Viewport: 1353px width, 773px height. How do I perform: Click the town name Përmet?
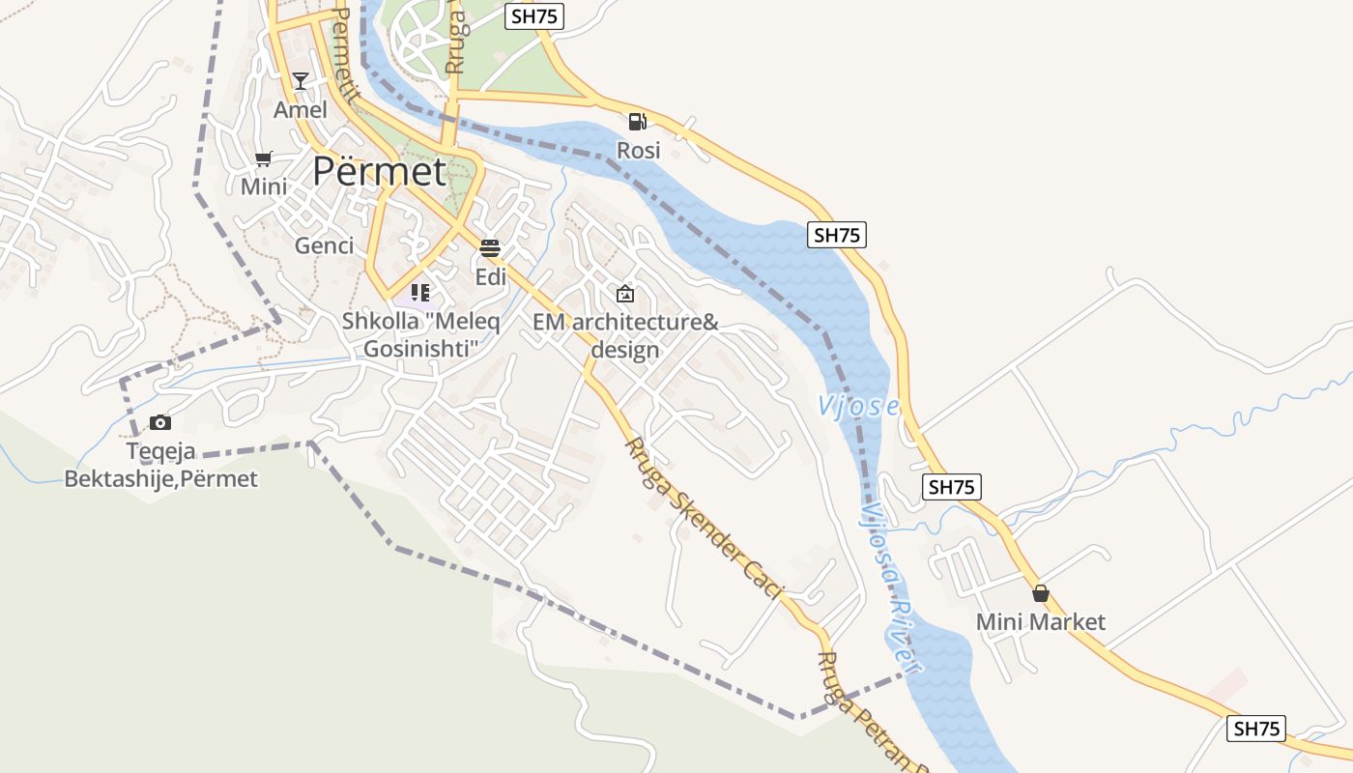click(379, 172)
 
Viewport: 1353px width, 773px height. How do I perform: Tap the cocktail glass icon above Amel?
click(301, 80)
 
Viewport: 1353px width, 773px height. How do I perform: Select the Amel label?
click(301, 109)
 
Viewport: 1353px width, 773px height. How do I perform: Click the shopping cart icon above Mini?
click(264, 158)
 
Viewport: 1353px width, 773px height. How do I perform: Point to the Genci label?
click(325, 245)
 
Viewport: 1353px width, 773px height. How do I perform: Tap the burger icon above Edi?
click(490, 248)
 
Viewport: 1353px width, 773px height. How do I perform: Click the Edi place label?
click(491, 277)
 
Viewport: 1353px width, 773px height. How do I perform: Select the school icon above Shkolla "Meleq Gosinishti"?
click(419, 292)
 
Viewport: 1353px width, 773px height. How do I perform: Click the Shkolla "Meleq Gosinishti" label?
click(421, 334)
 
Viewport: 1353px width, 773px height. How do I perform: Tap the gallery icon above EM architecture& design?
click(625, 294)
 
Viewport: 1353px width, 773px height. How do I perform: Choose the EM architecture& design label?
click(625, 335)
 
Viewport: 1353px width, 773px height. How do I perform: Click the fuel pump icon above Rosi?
click(637, 121)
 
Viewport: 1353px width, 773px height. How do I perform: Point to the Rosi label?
click(639, 150)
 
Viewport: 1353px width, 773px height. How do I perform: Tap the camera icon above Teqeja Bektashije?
click(160, 422)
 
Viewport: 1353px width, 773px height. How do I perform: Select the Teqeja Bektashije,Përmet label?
click(161, 465)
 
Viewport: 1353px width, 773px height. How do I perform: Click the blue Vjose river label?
click(858, 407)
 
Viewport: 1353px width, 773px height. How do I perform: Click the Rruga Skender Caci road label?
click(702, 517)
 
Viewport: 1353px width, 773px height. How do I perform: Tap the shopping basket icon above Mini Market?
click(1041, 593)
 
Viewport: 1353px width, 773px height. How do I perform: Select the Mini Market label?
click(1041, 621)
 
